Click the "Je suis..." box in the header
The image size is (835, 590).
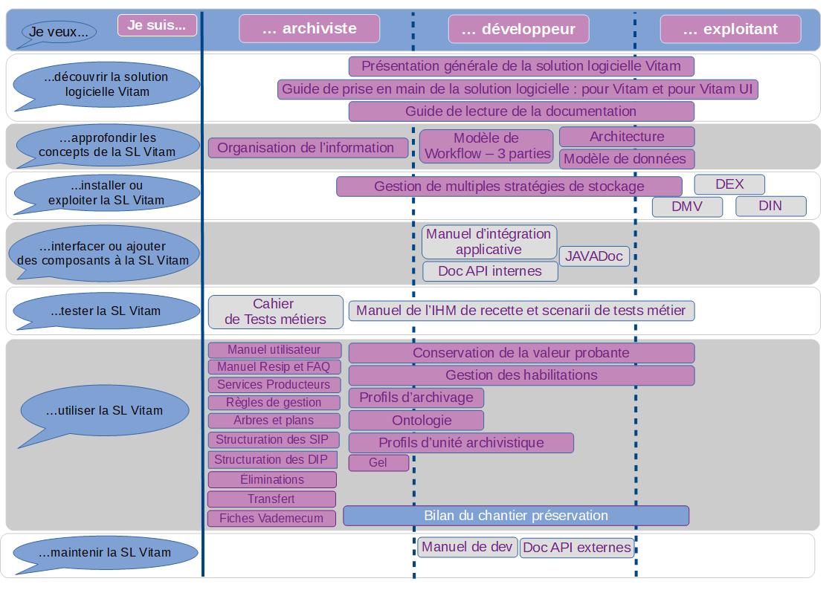(157, 25)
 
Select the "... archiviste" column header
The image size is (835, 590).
(309, 29)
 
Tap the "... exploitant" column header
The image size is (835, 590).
(730, 29)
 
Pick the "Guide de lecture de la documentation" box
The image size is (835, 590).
(520, 111)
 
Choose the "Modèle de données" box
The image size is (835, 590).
(626, 159)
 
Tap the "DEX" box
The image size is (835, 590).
(729, 184)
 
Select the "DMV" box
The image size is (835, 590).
(687, 206)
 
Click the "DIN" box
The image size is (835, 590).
(770, 206)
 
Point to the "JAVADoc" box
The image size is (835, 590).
(594, 256)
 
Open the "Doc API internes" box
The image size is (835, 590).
(490, 271)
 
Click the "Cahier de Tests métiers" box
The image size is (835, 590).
(274, 312)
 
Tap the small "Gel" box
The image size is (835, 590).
(378, 463)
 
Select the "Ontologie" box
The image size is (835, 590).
(416, 421)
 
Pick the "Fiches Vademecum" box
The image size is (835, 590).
(271, 518)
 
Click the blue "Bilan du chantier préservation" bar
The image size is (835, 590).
(516, 516)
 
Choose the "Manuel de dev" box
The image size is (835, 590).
(467, 548)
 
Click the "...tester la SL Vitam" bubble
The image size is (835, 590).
(106, 311)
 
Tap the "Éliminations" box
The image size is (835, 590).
(271, 480)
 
